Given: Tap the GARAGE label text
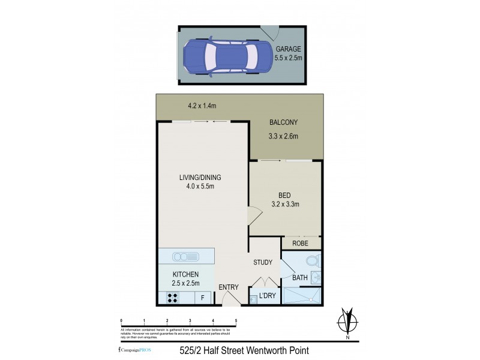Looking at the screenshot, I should (289, 49).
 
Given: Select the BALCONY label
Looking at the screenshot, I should (283, 122).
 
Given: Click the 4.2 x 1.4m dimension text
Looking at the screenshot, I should (202, 106).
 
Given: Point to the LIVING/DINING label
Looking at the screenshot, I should (200, 177).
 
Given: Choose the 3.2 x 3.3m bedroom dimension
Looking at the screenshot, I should (285, 205).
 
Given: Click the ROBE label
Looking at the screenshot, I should (300, 244).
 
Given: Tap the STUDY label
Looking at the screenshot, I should (263, 262).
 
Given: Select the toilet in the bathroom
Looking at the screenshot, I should (313, 262).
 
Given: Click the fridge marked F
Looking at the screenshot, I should (203, 297).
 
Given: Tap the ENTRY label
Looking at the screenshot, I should (228, 287).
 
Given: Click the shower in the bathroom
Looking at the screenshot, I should (302, 295).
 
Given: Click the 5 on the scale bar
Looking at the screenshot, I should (236, 321).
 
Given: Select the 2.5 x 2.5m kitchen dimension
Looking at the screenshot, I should (186, 283).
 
